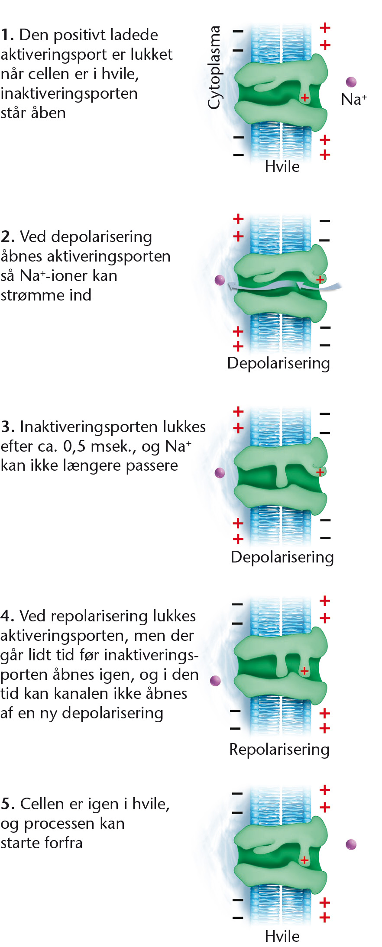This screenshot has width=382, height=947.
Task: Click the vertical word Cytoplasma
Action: pos(214,67)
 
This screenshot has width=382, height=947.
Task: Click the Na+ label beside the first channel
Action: pos(354,99)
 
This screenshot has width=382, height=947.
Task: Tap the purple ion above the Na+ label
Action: pos(351,82)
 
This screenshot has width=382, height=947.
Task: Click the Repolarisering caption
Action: pos(279,750)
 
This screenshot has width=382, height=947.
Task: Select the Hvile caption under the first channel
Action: pos(282,166)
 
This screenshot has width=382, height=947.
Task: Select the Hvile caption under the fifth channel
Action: pos(282,936)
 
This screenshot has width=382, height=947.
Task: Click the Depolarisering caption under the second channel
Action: pos(278,363)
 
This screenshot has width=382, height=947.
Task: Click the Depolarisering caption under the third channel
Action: pos(282,557)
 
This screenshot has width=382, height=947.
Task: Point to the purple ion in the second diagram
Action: pos(220,280)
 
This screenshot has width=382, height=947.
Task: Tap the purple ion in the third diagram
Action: pos(220,472)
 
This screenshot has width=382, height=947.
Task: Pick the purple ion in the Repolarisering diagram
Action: pos(215,681)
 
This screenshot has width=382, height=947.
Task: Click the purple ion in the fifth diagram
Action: pos(351,844)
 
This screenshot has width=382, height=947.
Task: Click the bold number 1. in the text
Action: pos(7,35)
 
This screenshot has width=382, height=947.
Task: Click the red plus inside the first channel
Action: pos(305,98)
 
